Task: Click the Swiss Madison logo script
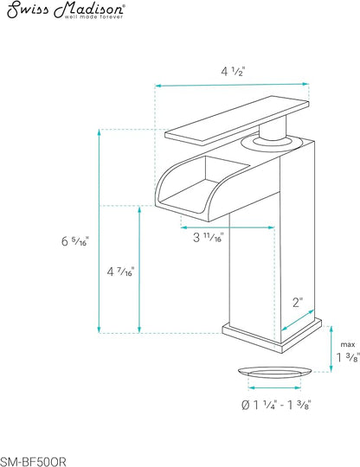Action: pos(66,9)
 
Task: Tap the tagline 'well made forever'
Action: pos(93,17)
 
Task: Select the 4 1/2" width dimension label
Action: pos(233,72)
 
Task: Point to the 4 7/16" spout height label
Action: pos(120,272)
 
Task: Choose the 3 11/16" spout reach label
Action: pos(209,237)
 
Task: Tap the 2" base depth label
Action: pos(298,303)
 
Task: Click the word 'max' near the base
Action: pos(348,344)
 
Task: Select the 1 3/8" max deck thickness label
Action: pos(348,357)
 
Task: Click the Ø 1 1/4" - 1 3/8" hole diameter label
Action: pos(276,405)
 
